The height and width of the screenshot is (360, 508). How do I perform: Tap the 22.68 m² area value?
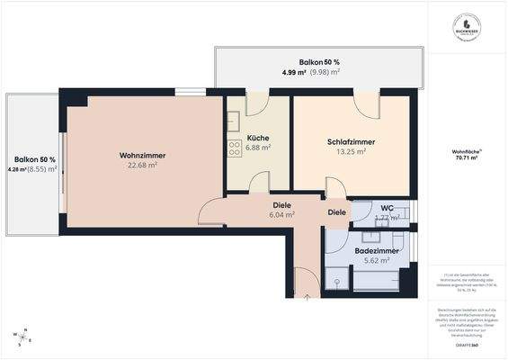click(x=142, y=166)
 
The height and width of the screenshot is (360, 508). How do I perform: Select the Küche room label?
click(x=258, y=138)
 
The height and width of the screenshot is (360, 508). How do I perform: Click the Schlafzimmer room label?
click(x=351, y=142)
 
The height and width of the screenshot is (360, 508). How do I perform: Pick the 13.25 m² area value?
click(x=351, y=152)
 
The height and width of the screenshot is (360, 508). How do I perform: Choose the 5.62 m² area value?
click(x=376, y=261)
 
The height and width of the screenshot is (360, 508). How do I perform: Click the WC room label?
click(x=388, y=208)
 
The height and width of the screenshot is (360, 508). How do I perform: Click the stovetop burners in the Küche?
click(x=235, y=148)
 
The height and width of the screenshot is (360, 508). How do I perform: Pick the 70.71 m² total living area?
click(x=467, y=158)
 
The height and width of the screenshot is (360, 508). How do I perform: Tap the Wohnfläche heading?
click(x=466, y=150)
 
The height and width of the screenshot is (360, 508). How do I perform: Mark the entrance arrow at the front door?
click(x=307, y=293)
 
